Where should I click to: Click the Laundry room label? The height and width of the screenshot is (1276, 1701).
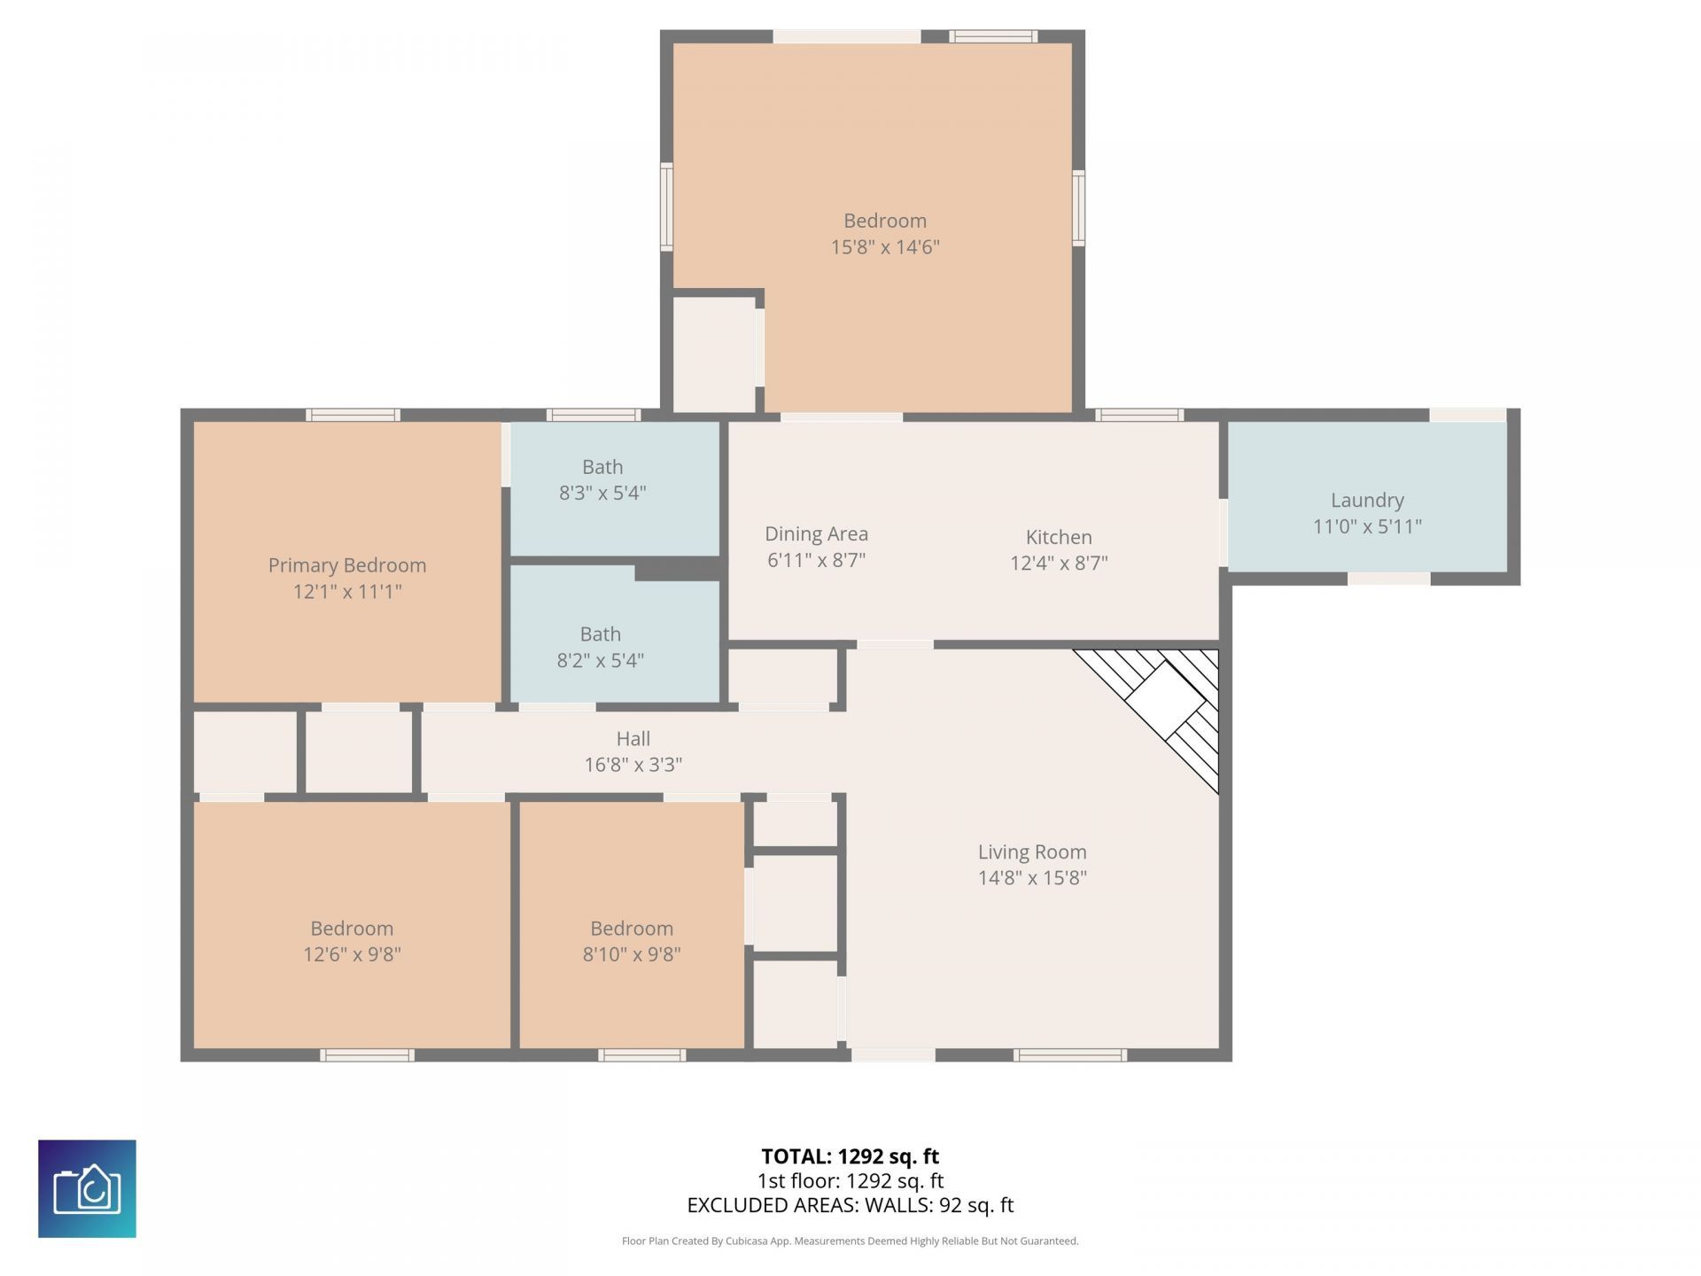tap(1367, 501)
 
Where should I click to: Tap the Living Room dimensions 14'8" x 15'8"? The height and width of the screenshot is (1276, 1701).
tap(1032, 878)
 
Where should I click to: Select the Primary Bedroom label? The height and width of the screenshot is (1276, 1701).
tap(347, 565)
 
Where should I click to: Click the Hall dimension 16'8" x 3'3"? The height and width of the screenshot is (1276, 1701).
tap(633, 765)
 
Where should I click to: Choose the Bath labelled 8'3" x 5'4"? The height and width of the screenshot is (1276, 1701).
tap(602, 479)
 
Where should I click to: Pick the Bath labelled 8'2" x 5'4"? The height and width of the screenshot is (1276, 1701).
tap(600, 647)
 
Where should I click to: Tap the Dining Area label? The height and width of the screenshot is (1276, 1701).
tap(816, 534)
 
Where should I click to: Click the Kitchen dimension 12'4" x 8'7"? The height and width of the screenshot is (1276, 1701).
tap(1059, 564)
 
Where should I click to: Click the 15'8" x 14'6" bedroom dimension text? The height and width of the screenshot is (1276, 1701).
tap(884, 247)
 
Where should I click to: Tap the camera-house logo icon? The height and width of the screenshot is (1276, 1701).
tap(87, 1188)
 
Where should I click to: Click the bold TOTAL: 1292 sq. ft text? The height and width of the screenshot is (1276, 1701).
tap(850, 1156)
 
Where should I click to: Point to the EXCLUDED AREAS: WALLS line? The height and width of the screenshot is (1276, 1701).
tap(850, 1205)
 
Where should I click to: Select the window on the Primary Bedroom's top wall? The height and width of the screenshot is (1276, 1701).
tap(353, 415)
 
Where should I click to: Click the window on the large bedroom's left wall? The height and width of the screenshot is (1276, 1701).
tap(666, 206)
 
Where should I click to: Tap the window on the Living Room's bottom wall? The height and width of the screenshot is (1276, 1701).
tap(1070, 1054)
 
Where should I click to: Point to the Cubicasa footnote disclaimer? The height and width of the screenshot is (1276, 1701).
tap(850, 1241)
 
